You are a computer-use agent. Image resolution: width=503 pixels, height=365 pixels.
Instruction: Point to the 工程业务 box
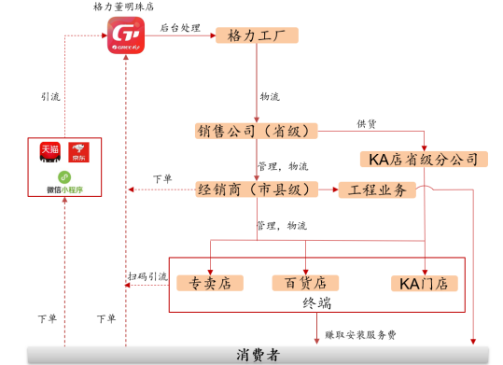click(376, 190)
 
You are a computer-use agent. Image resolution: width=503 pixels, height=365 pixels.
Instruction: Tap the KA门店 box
click(424, 283)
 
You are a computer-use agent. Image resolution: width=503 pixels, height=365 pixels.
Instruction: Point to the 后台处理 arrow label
click(180, 28)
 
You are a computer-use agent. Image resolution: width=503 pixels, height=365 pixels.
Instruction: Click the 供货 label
click(367, 123)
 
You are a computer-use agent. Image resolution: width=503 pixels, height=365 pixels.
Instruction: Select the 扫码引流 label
click(147, 277)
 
